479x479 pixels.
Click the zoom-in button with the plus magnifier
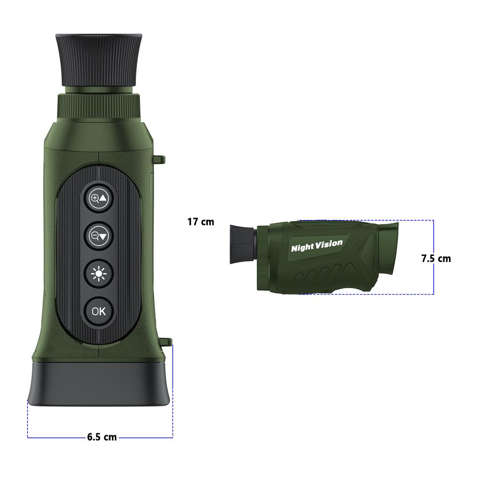[x=99, y=198]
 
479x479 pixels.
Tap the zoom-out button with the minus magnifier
[x=99, y=236]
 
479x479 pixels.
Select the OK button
[x=99, y=311]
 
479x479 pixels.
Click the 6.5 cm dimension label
[x=102, y=437]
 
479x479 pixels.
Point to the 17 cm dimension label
[x=201, y=222]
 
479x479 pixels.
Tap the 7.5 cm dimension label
[x=436, y=258]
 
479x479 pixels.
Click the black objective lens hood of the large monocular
[x=99, y=384]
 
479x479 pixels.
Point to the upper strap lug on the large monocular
[x=160, y=160]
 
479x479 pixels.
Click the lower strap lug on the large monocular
[x=167, y=342]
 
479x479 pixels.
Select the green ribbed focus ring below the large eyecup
[x=99, y=107]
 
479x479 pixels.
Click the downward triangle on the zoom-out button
[x=103, y=236]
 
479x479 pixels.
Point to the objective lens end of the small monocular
[x=387, y=247]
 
